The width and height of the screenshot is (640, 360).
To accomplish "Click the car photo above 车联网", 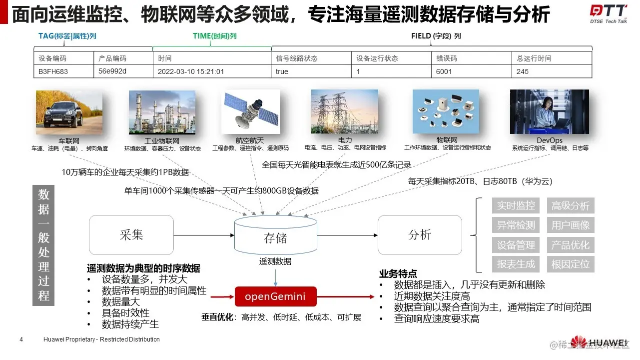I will (69, 112).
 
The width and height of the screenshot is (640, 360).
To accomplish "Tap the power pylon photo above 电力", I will (345, 112).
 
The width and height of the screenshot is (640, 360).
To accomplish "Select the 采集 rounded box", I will (131, 235).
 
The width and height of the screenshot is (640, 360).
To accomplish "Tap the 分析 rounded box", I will (420, 235).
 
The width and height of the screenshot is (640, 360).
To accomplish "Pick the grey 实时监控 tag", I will (516, 205).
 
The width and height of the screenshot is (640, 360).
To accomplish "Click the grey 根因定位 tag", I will (571, 264).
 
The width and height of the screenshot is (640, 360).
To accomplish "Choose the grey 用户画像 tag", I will (571, 225).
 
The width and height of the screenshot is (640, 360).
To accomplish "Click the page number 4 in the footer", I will (21, 339).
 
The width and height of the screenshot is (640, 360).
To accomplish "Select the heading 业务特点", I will (398, 273).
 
